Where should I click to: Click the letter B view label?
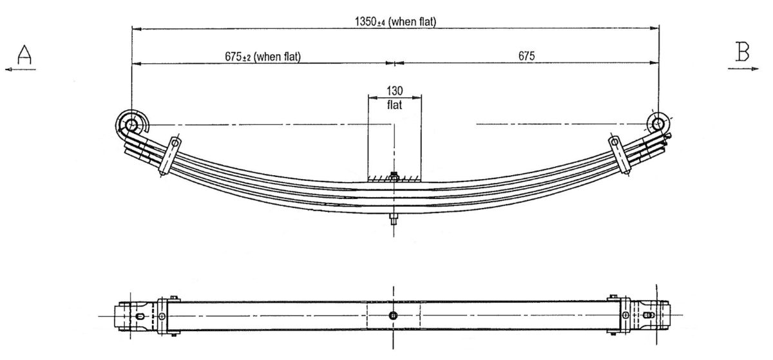point(743,52)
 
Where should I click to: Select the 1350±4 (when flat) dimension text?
point(396,21)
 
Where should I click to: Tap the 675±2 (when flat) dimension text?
point(263,56)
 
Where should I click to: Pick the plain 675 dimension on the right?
point(527,56)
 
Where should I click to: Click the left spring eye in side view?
point(132,123)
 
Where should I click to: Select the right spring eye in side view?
point(658,123)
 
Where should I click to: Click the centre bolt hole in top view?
point(394,315)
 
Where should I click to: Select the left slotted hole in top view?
point(140,316)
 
